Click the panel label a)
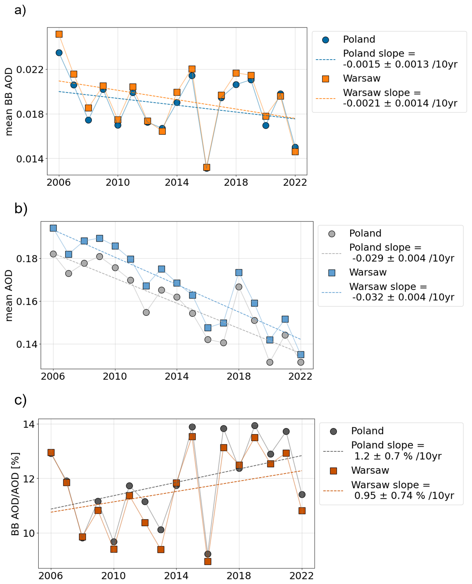pyautogui.click(x=20, y=9)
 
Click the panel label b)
pyautogui.click(x=21, y=209)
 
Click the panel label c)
pyautogui.click(x=21, y=400)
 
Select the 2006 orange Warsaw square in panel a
pyautogui.click(x=59, y=34)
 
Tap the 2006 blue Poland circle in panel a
pyautogui.click(x=59, y=53)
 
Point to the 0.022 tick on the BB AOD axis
pyautogui.click(x=30, y=70)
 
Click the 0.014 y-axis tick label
pyautogui.click(x=30, y=159)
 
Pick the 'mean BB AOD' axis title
pyautogui.click(x=9, y=102)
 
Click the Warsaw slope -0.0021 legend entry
pyautogui.click(x=399, y=98)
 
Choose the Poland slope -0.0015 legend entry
pyautogui.click(x=399, y=59)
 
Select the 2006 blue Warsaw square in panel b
pyautogui.click(x=53, y=228)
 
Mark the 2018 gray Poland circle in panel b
pyautogui.click(x=239, y=287)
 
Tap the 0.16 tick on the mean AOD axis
pyautogui.click(x=27, y=302)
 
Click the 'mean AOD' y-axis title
pyautogui.click(x=9, y=296)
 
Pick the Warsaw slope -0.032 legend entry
pyautogui.click(x=401, y=292)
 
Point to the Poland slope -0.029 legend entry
pyautogui.click(x=401, y=253)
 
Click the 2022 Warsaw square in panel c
pyautogui.click(x=302, y=511)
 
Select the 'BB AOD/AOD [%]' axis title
pyautogui.click(x=15, y=494)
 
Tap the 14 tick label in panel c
pyautogui.click(x=29, y=424)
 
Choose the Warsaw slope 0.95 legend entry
pyautogui.click(x=402, y=490)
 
